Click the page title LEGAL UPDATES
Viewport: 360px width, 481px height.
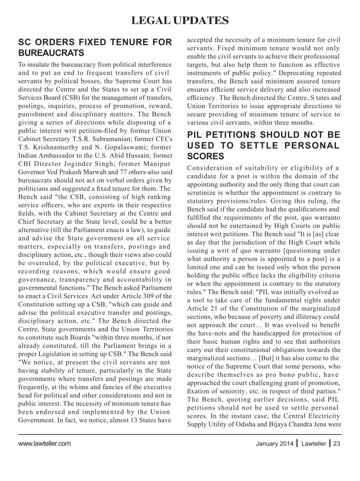(180, 20)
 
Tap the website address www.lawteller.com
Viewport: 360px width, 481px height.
(45, 443)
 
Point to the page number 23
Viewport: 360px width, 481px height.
(337, 443)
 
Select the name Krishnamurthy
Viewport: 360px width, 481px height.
(54, 147)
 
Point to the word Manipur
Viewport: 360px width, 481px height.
(157, 164)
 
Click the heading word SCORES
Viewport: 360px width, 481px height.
(205, 156)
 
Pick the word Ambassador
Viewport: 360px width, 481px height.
(57, 156)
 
